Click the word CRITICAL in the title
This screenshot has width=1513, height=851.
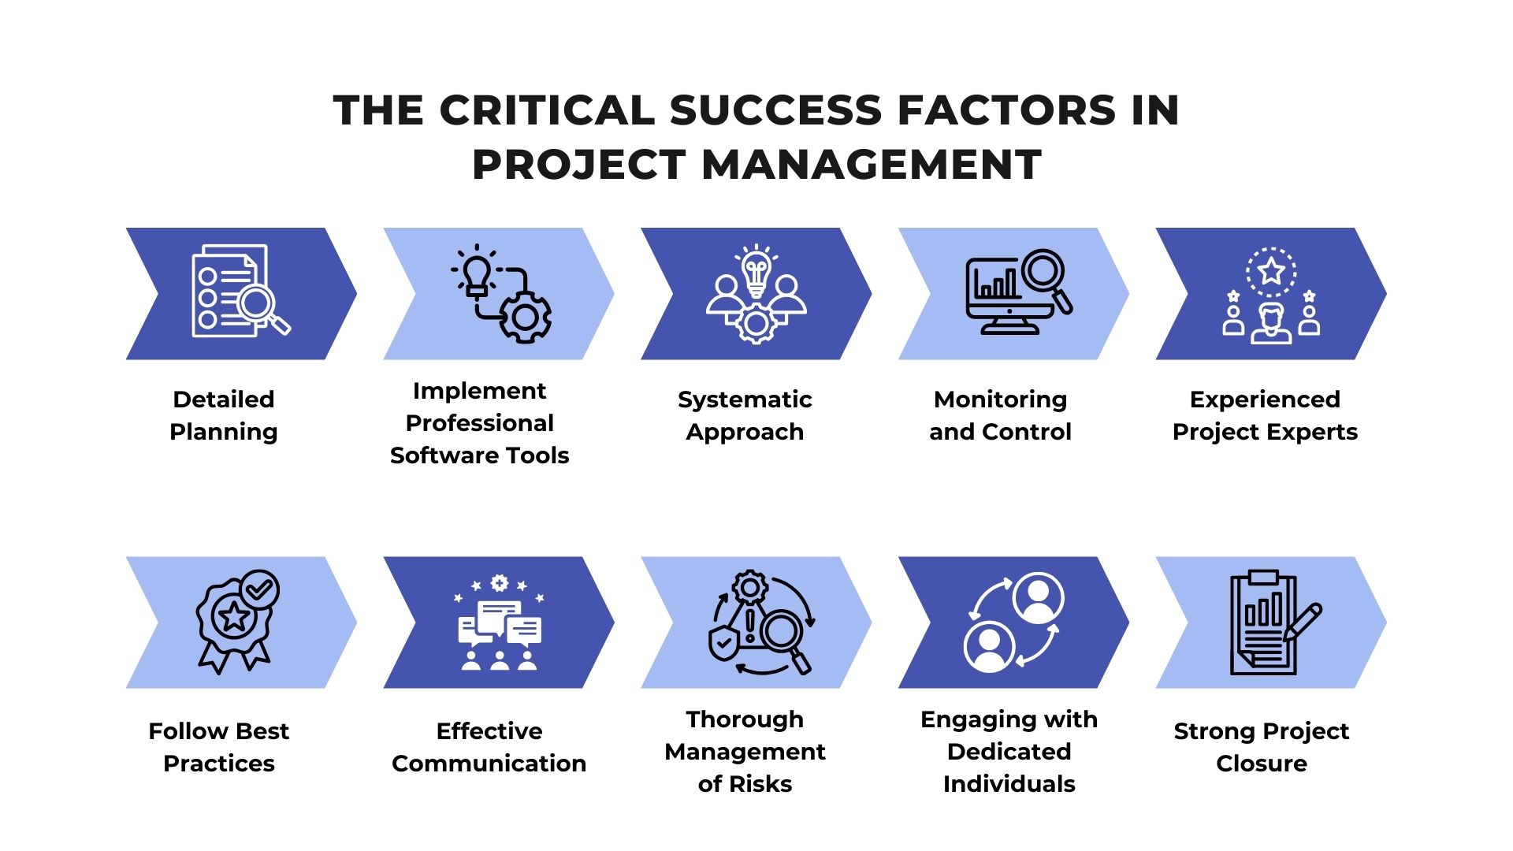(x=547, y=110)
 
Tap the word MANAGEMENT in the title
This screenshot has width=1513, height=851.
(x=872, y=165)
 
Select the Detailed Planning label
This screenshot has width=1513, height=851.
(x=224, y=415)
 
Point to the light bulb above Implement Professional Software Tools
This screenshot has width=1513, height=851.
(x=477, y=273)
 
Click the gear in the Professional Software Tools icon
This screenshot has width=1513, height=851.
(x=526, y=318)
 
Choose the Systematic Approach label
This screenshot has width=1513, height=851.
(x=745, y=415)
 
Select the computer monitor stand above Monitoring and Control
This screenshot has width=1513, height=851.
(x=1009, y=326)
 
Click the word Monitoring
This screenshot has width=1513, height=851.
(x=1000, y=399)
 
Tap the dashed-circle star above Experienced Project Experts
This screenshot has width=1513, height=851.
(x=1271, y=273)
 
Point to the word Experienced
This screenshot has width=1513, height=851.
(x=1265, y=399)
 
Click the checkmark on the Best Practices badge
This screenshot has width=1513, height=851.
(x=259, y=589)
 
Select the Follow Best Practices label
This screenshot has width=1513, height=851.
(x=219, y=747)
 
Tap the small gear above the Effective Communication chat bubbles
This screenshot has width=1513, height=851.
(x=499, y=584)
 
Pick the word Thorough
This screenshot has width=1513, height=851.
(x=745, y=719)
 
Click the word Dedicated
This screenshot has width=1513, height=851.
(x=1009, y=752)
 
